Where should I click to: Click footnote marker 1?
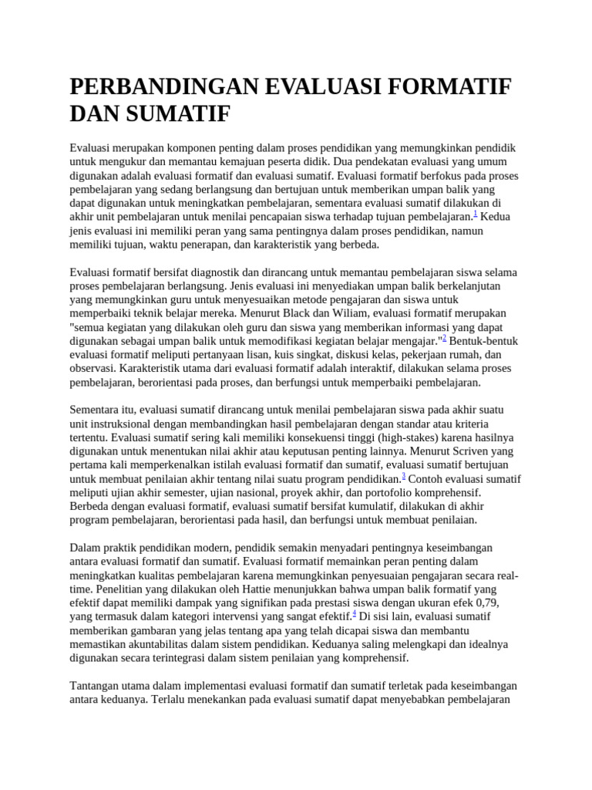click(x=476, y=214)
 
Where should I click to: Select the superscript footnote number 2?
click(x=444, y=338)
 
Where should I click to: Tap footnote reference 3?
click(x=404, y=476)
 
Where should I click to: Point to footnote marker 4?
click(x=354, y=613)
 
